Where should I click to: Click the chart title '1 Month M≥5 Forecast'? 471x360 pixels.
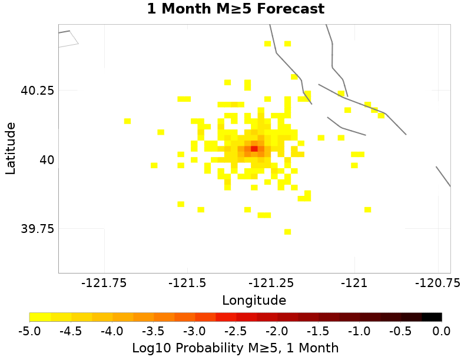[235, 9]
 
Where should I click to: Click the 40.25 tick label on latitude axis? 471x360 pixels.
[38, 91]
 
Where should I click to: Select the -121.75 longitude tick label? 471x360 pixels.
[105, 283]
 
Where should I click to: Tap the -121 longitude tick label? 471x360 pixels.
[356, 283]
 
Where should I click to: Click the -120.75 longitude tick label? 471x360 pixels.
[436, 283]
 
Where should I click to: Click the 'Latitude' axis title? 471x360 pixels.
[11, 148]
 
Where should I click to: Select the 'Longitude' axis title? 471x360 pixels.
[254, 301]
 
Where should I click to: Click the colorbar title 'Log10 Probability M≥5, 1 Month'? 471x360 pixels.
[235, 348]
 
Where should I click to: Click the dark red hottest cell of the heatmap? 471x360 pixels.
[254, 148]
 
